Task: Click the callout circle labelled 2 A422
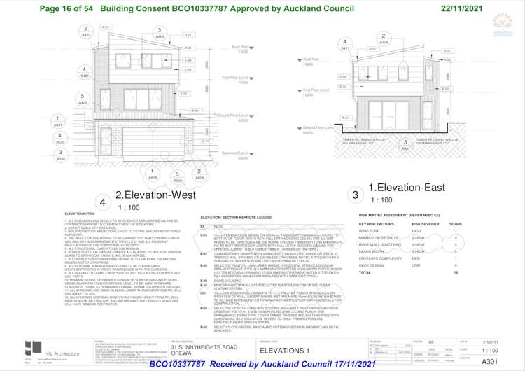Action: [x=86, y=31]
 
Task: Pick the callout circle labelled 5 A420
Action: [x=83, y=99]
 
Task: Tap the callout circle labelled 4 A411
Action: [x=345, y=45]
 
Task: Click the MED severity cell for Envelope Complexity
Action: [x=416, y=258]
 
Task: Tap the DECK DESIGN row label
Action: [x=372, y=265]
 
